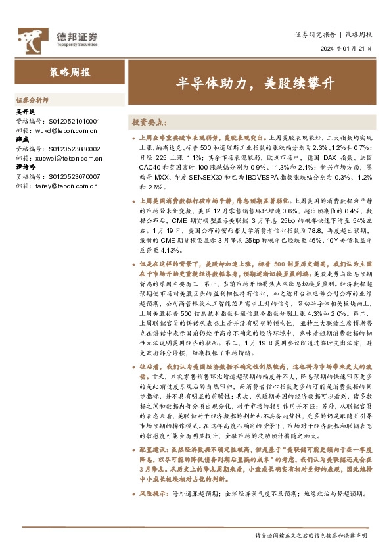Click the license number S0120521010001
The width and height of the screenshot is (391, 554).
75,122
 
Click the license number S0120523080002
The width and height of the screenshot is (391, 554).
75,149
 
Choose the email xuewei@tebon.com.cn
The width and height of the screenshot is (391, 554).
72,159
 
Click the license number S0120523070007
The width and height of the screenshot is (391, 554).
75,177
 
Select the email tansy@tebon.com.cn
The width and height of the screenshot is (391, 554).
70,186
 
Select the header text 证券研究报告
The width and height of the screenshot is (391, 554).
313,34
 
